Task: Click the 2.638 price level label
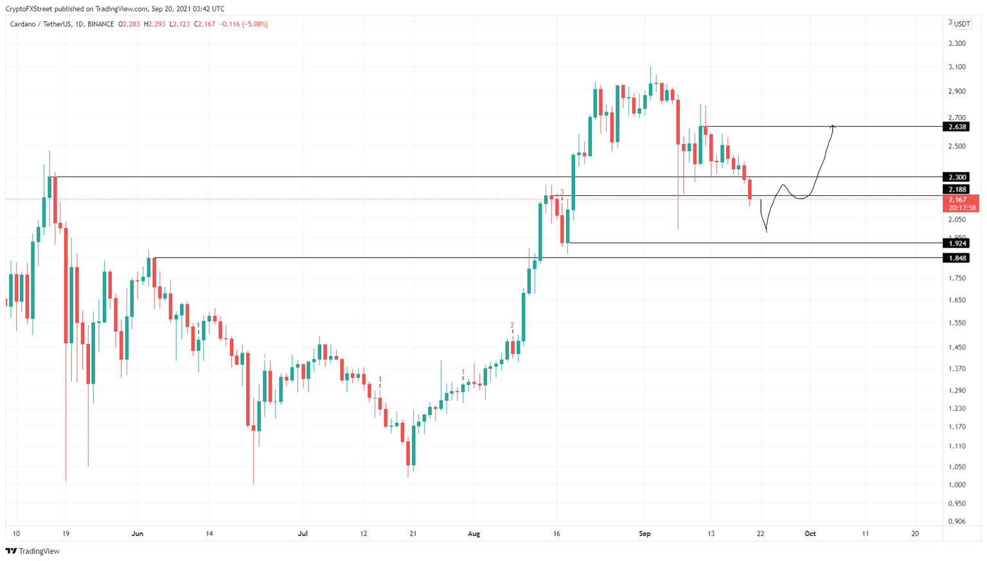click(957, 127)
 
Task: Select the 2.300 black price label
click(957, 177)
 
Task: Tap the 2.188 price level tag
click(957, 190)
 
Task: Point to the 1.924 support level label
click(957, 243)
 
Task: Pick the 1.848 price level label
click(957, 258)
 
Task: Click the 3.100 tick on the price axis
click(957, 67)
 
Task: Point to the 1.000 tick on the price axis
click(957, 485)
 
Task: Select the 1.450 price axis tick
click(957, 347)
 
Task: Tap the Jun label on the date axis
click(137, 533)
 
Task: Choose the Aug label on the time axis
click(474, 533)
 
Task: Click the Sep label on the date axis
click(645, 533)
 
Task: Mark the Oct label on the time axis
click(810, 533)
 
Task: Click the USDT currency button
click(962, 24)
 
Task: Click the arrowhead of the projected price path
click(833, 126)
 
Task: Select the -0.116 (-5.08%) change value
click(244, 24)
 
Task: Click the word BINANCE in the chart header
click(101, 24)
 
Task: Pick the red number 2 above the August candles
click(512, 325)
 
